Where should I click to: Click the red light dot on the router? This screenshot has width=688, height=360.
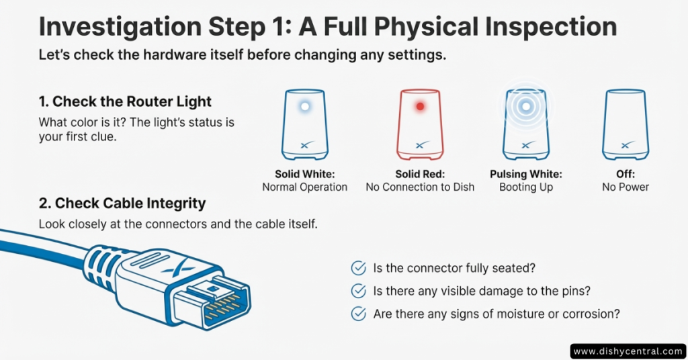tap(420, 106)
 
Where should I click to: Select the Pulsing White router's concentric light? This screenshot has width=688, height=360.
tap(526, 106)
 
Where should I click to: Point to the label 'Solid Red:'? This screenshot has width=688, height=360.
tap(420, 174)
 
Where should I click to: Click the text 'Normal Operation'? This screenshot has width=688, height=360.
tap(304, 187)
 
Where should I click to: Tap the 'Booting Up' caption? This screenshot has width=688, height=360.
tap(526, 187)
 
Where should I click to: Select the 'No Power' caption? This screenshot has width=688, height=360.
tap(625, 187)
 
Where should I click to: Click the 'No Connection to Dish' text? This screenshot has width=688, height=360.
tap(420, 187)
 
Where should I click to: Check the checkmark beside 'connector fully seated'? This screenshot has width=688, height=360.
tap(359, 269)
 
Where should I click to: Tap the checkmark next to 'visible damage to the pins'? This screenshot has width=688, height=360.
tap(359, 291)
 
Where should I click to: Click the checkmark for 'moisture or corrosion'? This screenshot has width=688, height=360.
tap(359, 313)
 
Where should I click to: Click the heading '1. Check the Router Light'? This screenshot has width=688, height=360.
tap(125, 102)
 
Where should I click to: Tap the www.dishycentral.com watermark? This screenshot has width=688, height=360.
tap(628, 351)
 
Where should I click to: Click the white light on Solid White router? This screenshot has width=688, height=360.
tap(304, 106)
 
